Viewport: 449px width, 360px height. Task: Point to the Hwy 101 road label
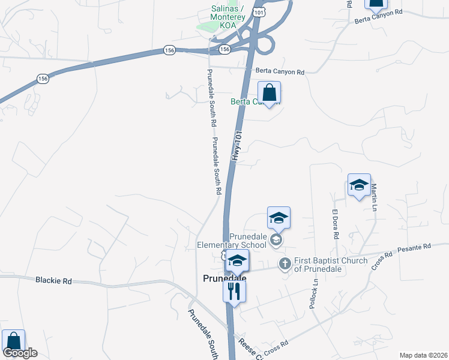pos(237,146)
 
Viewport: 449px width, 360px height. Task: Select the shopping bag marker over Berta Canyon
pos(270,94)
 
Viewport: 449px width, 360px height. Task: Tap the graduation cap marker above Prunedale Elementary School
pos(279,218)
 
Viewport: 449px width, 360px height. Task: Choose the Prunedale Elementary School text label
pos(232,241)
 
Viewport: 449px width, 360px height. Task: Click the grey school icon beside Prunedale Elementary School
pos(276,241)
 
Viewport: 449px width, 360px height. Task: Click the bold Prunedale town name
pos(224,278)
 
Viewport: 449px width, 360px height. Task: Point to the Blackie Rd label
pos(53,280)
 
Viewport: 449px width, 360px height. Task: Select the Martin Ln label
pos(374,197)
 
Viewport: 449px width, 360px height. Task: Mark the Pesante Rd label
pos(418,246)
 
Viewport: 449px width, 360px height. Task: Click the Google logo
pos(20,353)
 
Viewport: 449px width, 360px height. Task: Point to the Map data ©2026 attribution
pos(423,355)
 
